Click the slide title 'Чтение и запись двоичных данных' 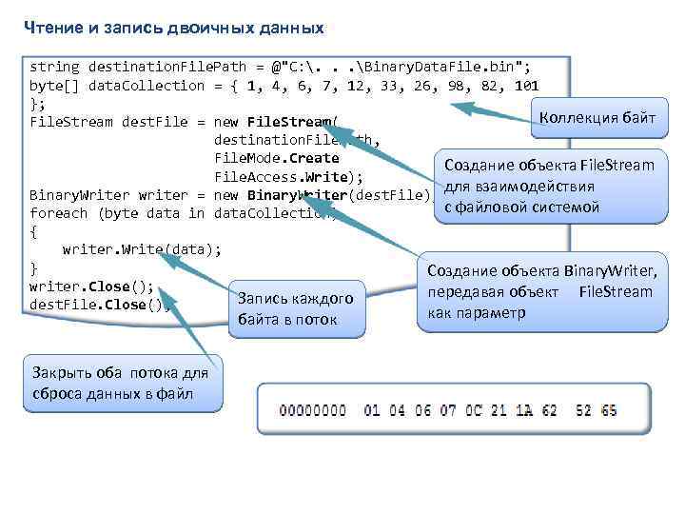pyautogui.click(x=174, y=29)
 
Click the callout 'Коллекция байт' pyautogui.click(x=597, y=118)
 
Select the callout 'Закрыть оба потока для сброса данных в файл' pyautogui.click(x=121, y=383)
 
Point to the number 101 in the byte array pyautogui.click(x=525, y=86)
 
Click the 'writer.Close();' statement pyautogui.click(x=91, y=287)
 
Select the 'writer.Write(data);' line pyautogui.click(x=141, y=249)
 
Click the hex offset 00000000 pyautogui.click(x=313, y=411)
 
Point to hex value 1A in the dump pyautogui.click(x=525, y=411)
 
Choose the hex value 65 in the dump pyautogui.click(x=609, y=411)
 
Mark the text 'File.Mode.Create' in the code pyautogui.click(x=277, y=158)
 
